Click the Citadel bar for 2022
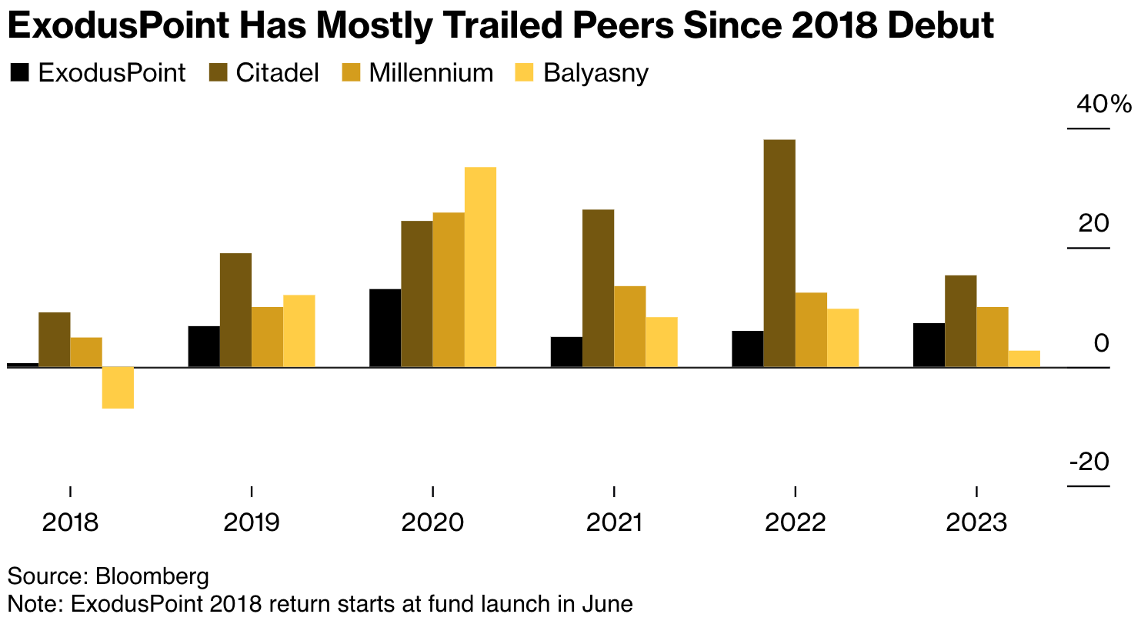779,253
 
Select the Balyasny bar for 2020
480,267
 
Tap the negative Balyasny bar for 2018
118,387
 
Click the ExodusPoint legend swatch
18,73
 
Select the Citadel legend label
277,73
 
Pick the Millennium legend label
430,73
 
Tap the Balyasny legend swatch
525,73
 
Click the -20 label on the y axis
1089,462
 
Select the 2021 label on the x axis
614,523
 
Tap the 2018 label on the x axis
70,523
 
